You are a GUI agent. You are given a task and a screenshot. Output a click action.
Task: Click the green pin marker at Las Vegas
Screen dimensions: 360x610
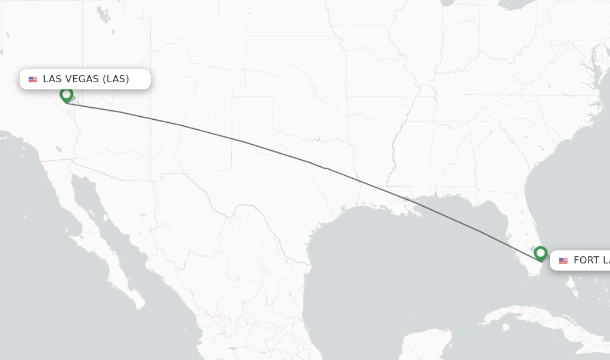[x=66, y=95]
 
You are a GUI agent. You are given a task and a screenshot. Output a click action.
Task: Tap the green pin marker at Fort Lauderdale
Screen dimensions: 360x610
[x=540, y=253]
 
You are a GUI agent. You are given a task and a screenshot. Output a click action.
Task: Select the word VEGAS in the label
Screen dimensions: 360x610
[x=81, y=79]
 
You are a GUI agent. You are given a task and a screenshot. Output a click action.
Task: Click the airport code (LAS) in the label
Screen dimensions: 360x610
[x=116, y=79]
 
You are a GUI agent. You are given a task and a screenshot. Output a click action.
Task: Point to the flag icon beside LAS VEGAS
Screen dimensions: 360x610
[x=33, y=79]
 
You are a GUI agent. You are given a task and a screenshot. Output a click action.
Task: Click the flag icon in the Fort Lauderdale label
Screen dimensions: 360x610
[x=563, y=260]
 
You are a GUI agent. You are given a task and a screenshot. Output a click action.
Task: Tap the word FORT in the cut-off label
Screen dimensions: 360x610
[x=586, y=260]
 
